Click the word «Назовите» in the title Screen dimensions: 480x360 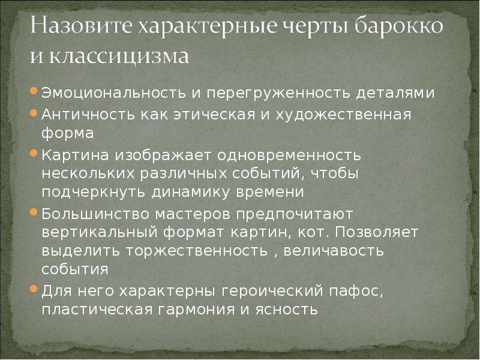click(x=81, y=25)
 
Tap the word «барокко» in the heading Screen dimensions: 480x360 click(x=398, y=25)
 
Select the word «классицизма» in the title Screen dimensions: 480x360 click(x=119, y=56)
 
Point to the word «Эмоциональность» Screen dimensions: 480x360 click(x=113, y=92)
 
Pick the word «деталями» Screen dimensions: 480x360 click(x=395, y=93)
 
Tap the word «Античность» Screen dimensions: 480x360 click(x=88, y=115)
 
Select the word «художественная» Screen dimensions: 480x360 click(x=343, y=115)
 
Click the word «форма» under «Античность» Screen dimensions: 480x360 click(x=68, y=134)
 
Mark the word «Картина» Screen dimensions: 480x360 click(x=75, y=155)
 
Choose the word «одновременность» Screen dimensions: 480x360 click(x=289, y=155)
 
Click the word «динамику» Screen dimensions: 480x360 click(x=190, y=193)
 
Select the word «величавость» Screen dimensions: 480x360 click(x=334, y=251)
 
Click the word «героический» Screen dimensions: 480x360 click(x=272, y=291)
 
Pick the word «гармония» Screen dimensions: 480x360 click(x=196, y=310)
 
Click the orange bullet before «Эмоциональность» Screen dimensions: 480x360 click(x=34, y=91)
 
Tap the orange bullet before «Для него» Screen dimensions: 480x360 click(x=34, y=289)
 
